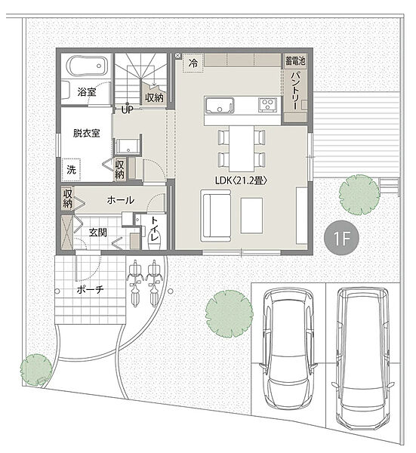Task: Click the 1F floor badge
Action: pyautogui.click(x=341, y=238)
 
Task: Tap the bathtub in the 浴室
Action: pyautogui.click(x=88, y=66)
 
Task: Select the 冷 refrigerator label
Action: pyautogui.click(x=193, y=63)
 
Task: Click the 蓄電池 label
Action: pyautogui.click(x=295, y=61)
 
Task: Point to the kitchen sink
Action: pyautogui.click(x=219, y=106)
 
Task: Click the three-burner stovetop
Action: pyautogui.click(x=268, y=105)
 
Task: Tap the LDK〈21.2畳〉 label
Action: pyautogui.click(x=240, y=180)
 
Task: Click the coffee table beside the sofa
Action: pyautogui.click(x=251, y=215)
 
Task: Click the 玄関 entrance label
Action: pyautogui.click(x=98, y=233)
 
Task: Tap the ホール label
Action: pyautogui.click(x=121, y=200)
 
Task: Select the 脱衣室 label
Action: pyautogui.click(x=86, y=133)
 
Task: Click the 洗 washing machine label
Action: pyautogui.click(x=72, y=169)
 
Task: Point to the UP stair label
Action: pyautogui.click(x=127, y=109)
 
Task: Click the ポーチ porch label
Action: pyautogui.click(x=90, y=289)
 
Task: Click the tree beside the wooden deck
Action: pyautogui.click(x=359, y=195)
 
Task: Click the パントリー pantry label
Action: pyautogui.click(x=295, y=91)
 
